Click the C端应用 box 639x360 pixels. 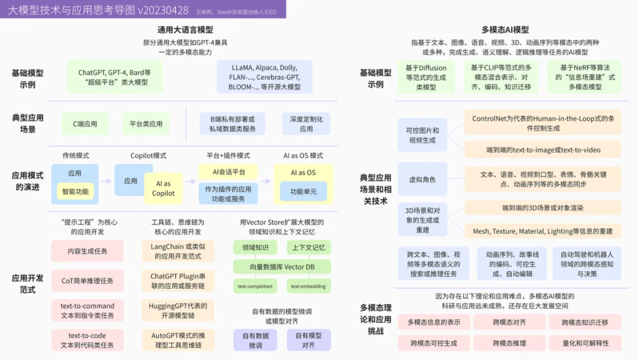85,124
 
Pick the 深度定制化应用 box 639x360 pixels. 306,124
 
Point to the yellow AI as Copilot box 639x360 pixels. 163,188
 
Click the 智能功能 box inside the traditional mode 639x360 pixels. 75,191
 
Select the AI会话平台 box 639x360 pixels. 228,172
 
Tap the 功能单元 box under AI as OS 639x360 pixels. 303,191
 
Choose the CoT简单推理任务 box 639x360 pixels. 88,281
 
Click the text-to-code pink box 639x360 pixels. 88,340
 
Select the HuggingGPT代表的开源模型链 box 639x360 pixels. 178,310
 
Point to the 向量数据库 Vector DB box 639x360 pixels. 282,267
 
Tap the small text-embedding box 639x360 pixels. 308,287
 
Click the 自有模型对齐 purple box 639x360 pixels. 309,340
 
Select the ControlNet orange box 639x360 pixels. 543,123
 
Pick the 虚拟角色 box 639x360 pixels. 422,179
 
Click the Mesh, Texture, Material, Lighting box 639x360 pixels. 543,231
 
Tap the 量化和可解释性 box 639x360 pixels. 585,342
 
